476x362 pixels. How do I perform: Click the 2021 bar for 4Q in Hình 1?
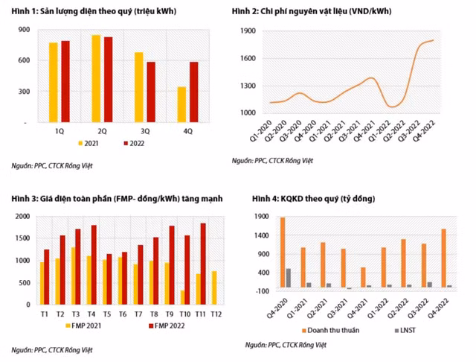click(182, 104)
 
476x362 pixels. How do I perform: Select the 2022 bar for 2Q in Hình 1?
click(108, 79)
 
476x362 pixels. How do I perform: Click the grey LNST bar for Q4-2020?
click(288, 278)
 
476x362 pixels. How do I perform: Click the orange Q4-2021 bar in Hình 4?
click(364, 277)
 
